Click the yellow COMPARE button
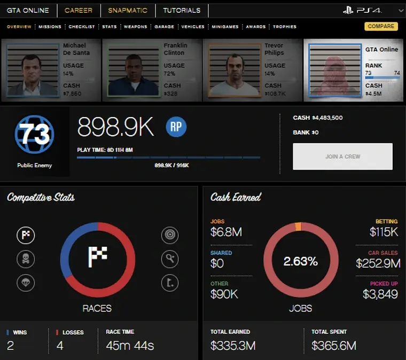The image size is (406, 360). tap(381, 26)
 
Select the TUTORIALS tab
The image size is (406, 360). tap(182, 10)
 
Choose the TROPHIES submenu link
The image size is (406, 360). tap(285, 27)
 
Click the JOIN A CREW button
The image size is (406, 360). tap(342, 156)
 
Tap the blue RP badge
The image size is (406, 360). tap(176, 127)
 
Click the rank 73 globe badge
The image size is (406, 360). tap(35, 135)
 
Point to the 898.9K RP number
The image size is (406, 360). tap(115, 127)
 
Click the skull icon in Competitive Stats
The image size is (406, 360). tap(26, 259)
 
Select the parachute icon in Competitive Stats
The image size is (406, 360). tap(26, 283)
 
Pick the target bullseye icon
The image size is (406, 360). tap(170, 235)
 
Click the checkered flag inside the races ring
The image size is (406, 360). tap(97, 257)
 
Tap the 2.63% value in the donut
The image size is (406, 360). tap(300, 261)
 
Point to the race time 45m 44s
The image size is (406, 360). tap(129, 346)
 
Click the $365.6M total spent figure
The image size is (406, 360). tap(334, 346)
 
